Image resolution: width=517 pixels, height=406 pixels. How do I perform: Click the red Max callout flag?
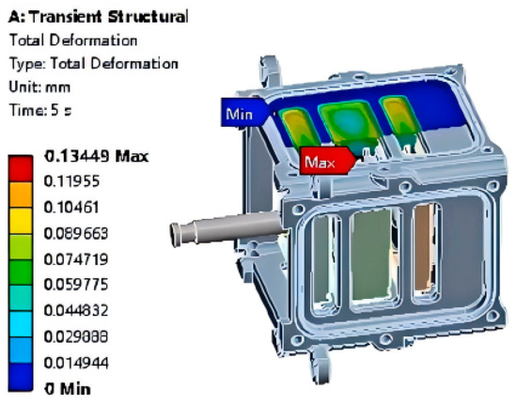pyautogui.click(x=327, y=161)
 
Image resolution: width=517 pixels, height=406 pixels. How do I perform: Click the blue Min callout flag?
pyautogui.click(x=244, y=113)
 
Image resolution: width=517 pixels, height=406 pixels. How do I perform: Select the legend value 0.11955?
pyautogui.click(x=71, y=181)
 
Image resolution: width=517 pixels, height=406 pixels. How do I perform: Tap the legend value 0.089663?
pyautogui.click(x=76, y=233)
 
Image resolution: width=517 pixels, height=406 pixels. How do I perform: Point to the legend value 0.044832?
pyautogui.click(x=76, y=310)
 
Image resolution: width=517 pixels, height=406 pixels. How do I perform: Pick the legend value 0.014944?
pyautogui.click(x=76, y=363)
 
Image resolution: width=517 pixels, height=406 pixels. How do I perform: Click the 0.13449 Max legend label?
pyautogui.click(x=96, y=156)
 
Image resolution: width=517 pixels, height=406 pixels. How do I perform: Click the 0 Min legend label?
pyautogui.click(x=68, y=389)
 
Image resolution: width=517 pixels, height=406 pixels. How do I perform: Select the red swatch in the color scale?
pyautogui.click(x=21, y=168)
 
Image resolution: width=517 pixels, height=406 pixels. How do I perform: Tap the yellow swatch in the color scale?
pyautogui.click(x=21, y=221)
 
